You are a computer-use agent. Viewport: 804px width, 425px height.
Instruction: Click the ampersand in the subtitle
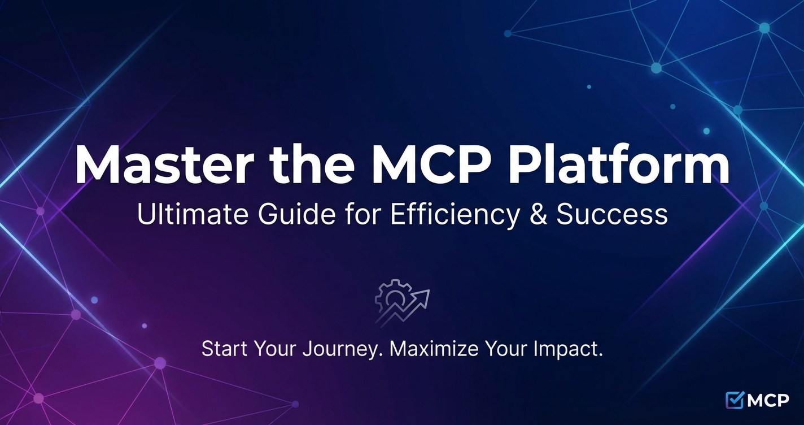point(538,214)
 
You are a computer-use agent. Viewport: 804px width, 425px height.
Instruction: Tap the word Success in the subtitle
point(612,214)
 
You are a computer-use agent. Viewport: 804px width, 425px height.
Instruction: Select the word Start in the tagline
point(224,349)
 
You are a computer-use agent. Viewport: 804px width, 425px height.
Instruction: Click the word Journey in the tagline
point(342,350)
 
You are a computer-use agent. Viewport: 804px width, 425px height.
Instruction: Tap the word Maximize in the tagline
point(434,349)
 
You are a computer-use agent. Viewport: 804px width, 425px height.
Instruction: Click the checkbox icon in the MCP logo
point(735,400)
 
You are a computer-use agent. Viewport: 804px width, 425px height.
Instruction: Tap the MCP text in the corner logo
point(768,401)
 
